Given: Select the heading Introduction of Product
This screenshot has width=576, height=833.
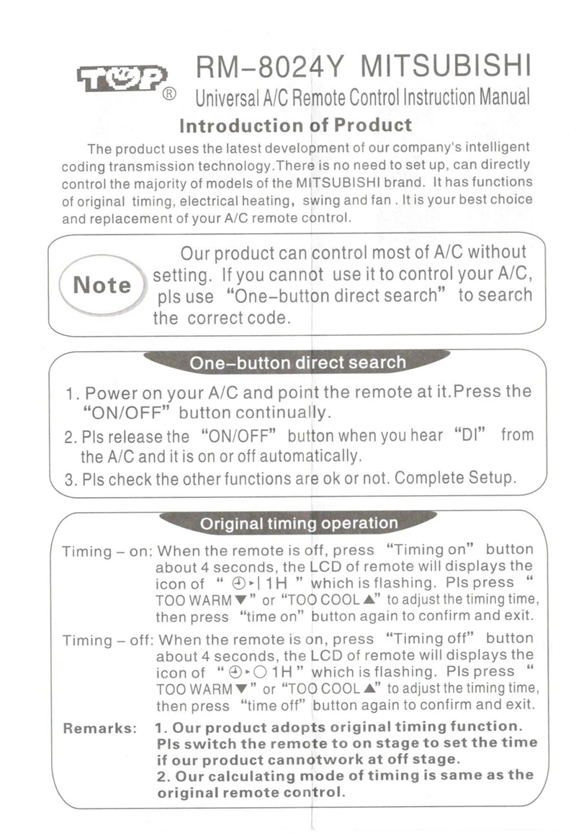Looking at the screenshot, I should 295,126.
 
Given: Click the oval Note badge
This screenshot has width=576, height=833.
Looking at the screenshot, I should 102,286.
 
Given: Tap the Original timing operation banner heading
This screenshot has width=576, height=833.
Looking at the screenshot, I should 298,524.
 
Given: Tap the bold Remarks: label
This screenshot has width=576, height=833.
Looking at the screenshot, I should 100,728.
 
